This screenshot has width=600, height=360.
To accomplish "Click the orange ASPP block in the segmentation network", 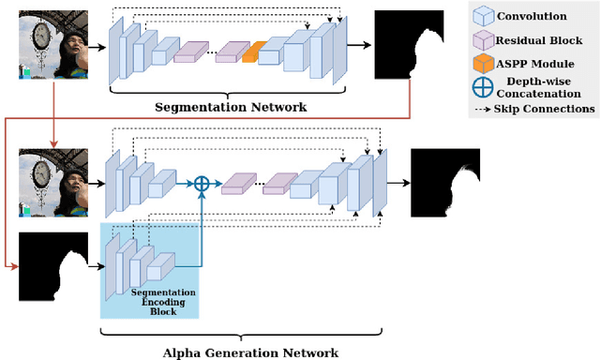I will [250, 53].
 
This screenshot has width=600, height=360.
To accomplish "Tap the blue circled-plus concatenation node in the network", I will [201, 184].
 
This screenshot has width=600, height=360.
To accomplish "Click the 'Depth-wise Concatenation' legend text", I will [545, 86].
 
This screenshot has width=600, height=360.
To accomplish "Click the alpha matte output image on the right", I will [444, 184].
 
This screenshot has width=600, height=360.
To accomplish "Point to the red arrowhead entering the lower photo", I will [54, 142].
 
